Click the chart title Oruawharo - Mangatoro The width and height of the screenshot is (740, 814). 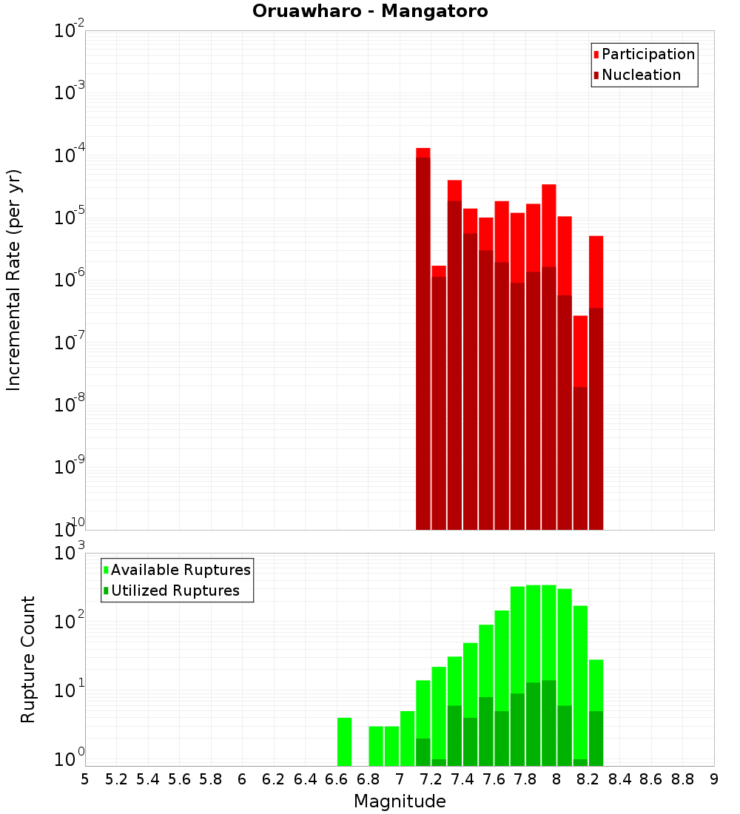point(370,12)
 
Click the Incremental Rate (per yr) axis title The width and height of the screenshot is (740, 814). point(14,280)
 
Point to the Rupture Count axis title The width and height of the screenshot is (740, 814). point(28,659)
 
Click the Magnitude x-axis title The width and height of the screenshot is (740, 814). point(400,801)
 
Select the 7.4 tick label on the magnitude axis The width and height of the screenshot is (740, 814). point(462,779)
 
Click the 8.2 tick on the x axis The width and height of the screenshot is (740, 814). point(588,779)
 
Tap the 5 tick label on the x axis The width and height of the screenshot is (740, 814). point(85,779)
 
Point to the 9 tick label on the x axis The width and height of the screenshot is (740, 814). point(714,779)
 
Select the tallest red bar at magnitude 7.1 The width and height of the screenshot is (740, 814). point(423,333)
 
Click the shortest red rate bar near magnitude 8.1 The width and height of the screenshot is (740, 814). point(580,422)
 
